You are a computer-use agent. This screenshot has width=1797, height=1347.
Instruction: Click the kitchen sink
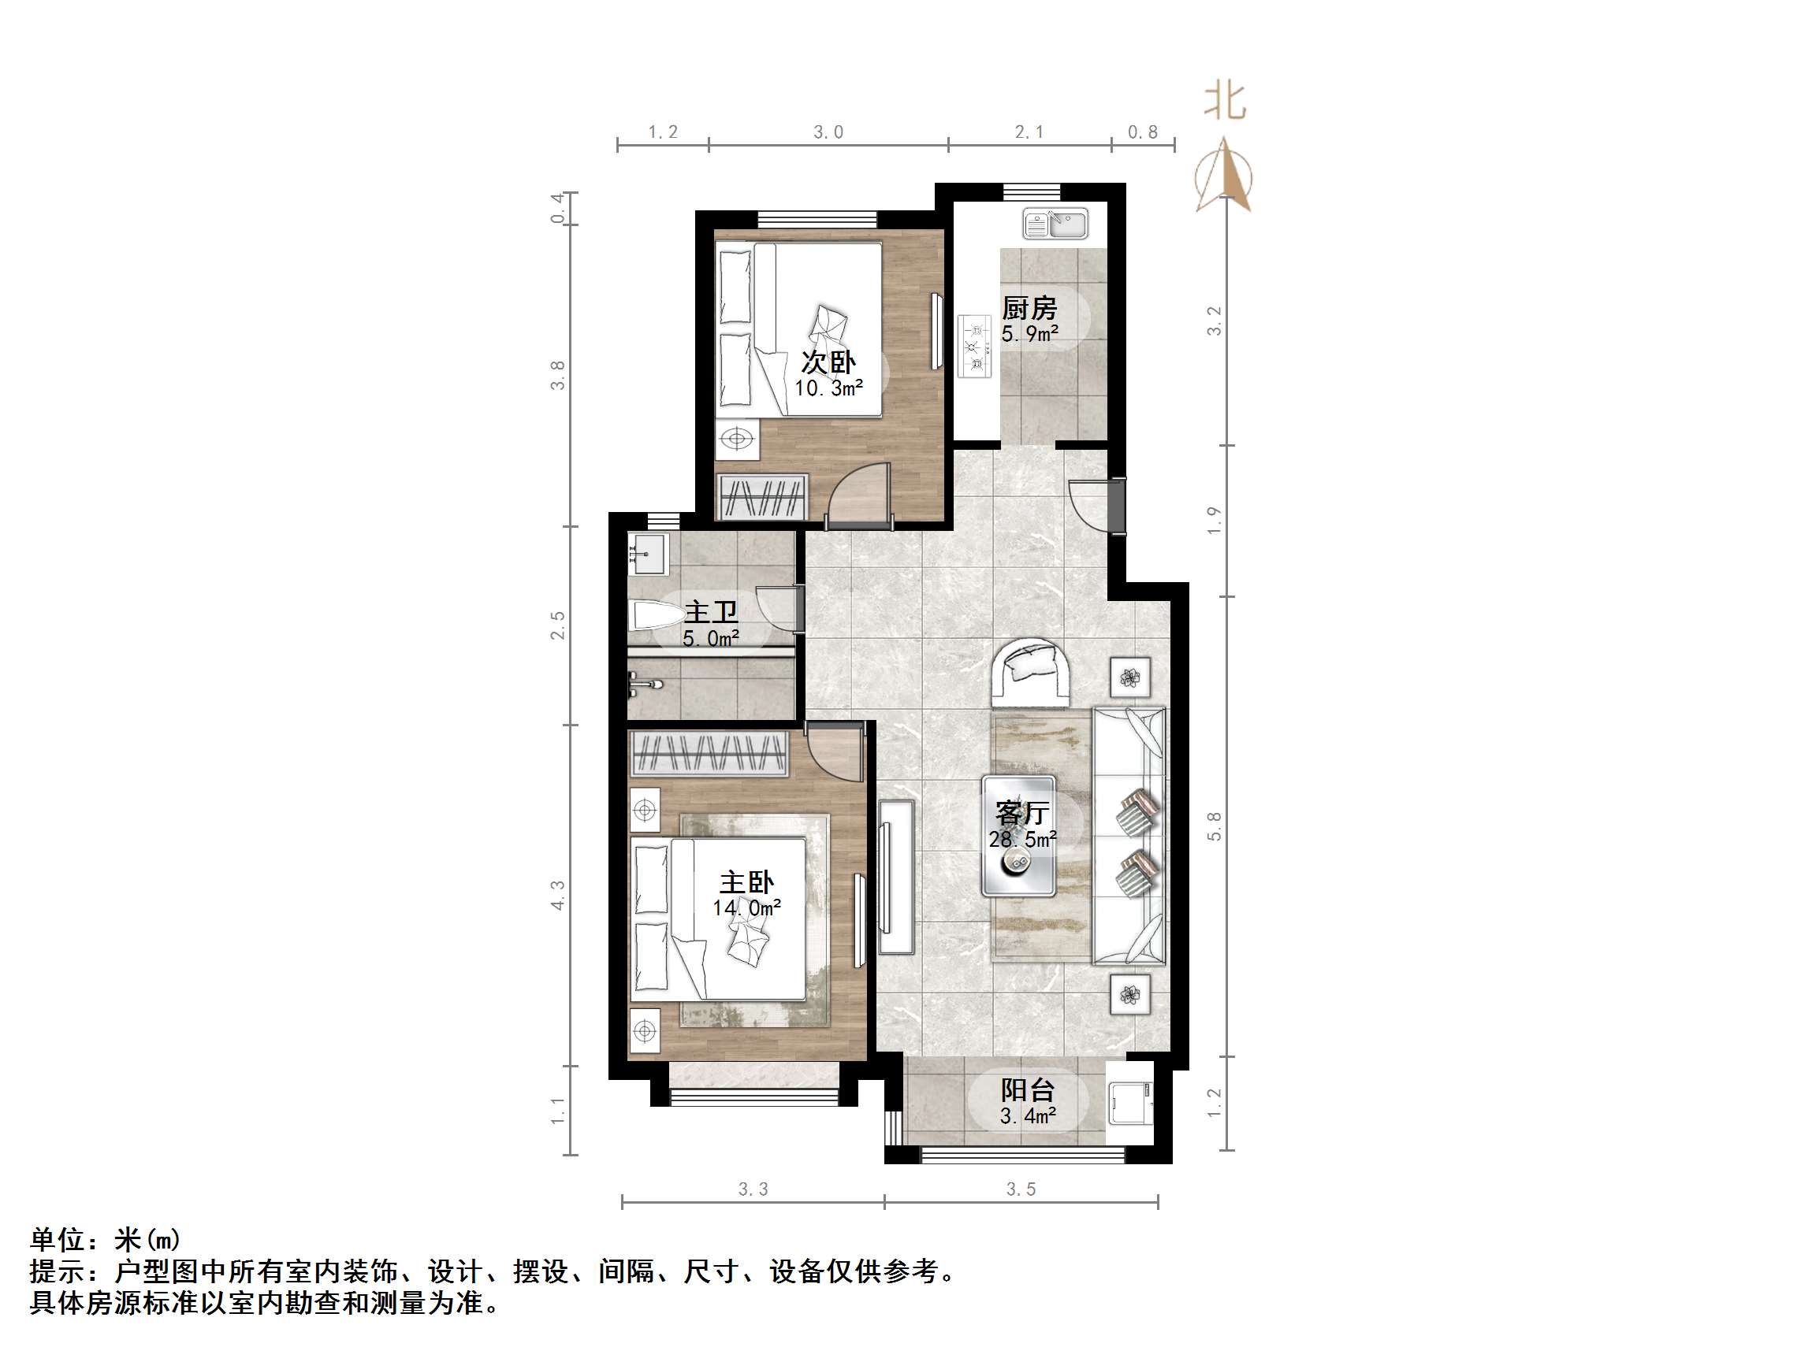click(1055, 224)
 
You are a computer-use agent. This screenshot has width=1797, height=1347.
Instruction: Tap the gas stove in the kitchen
click(976, 346)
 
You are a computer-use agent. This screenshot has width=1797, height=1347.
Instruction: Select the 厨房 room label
click(1029, 309)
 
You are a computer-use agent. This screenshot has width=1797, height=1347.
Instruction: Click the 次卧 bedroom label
click(828, 363)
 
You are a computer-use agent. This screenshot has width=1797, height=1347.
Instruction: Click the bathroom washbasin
click(646, 555)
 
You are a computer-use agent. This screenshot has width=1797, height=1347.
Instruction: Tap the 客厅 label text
click(1022, 813)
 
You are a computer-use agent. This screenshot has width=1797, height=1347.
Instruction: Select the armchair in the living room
click(1029, 673)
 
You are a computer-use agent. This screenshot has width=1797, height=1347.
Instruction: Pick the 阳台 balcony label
click(1028, 1089)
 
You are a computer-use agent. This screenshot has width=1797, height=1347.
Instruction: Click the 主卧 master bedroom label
click(746, 882)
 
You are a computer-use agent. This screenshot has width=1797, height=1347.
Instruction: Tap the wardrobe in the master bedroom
click(709, 752)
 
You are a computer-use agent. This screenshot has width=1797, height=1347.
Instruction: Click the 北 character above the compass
click(1225, 102)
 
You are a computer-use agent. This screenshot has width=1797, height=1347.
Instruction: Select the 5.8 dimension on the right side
click(1214, 826)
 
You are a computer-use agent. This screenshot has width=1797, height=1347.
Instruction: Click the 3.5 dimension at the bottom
click(1021, 1189)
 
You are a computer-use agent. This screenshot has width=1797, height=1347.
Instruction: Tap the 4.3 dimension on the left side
click(557, 895)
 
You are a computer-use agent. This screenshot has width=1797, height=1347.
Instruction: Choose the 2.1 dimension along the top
click(1029, 132)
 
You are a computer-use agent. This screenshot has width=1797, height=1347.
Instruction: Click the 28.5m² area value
click(1022, 839)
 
